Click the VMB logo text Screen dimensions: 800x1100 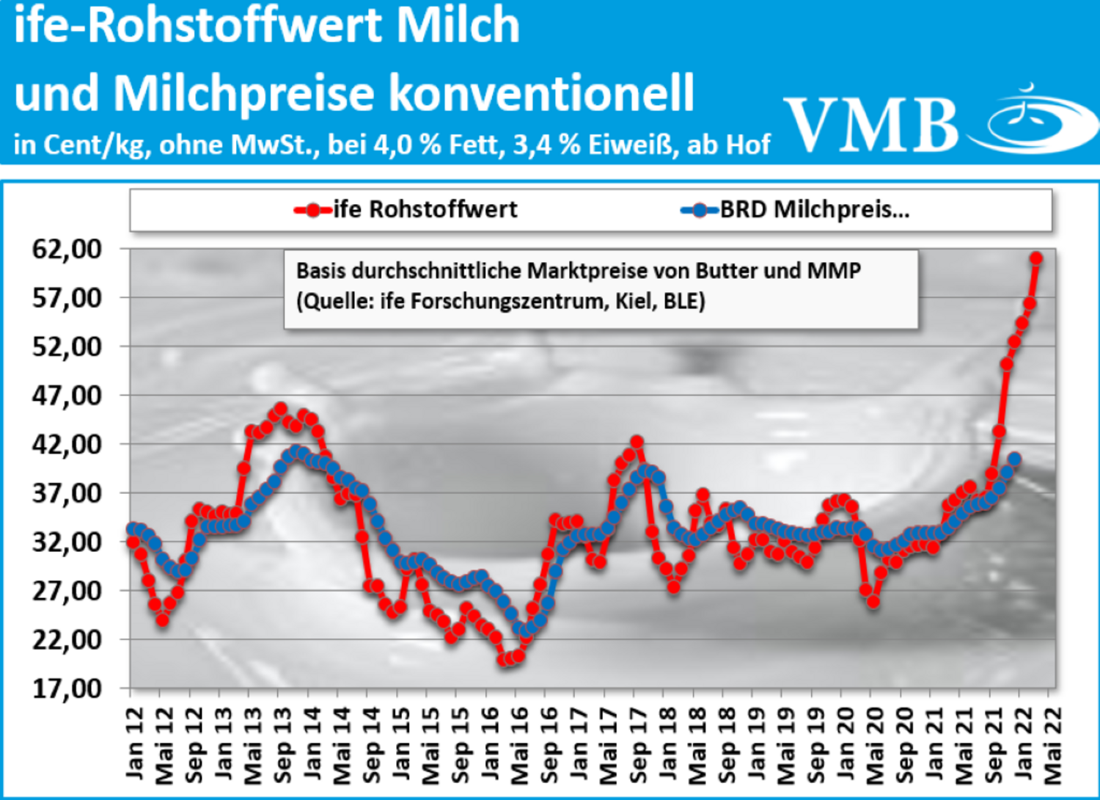point(871,124)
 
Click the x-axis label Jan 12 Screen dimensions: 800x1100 point(135,743)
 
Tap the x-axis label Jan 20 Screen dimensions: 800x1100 point(845,743)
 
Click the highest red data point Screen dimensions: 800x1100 point(1035,258)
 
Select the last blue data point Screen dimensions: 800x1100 point(1014,460)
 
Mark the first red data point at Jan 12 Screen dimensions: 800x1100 point(133,542)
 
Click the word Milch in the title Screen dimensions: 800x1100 point(458,25)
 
